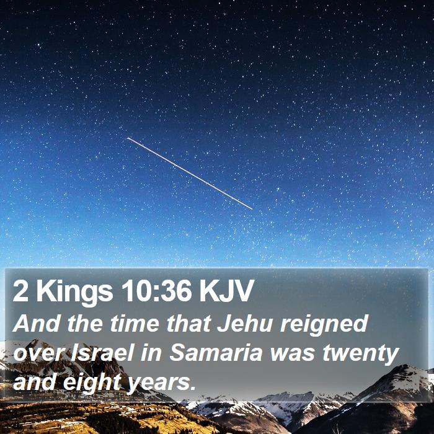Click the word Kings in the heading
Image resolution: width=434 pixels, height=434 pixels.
click(74, 292)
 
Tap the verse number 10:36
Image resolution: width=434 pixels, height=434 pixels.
click(156, 290)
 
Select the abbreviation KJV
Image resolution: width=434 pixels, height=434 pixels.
click(226, 290)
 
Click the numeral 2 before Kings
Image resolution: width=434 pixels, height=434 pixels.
click(20, 290)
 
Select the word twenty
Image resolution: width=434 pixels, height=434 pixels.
click(361, 355)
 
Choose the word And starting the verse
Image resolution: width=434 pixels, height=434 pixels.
click(36, 323)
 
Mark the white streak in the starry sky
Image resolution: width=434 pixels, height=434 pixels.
click(190, 173)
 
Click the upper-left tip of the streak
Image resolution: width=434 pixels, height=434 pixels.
click(127, 138)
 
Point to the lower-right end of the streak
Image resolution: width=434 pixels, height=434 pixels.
click(252, 210)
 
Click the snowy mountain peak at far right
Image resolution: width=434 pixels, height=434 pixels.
click(405, 368)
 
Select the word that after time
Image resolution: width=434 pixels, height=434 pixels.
click(188, 323)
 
